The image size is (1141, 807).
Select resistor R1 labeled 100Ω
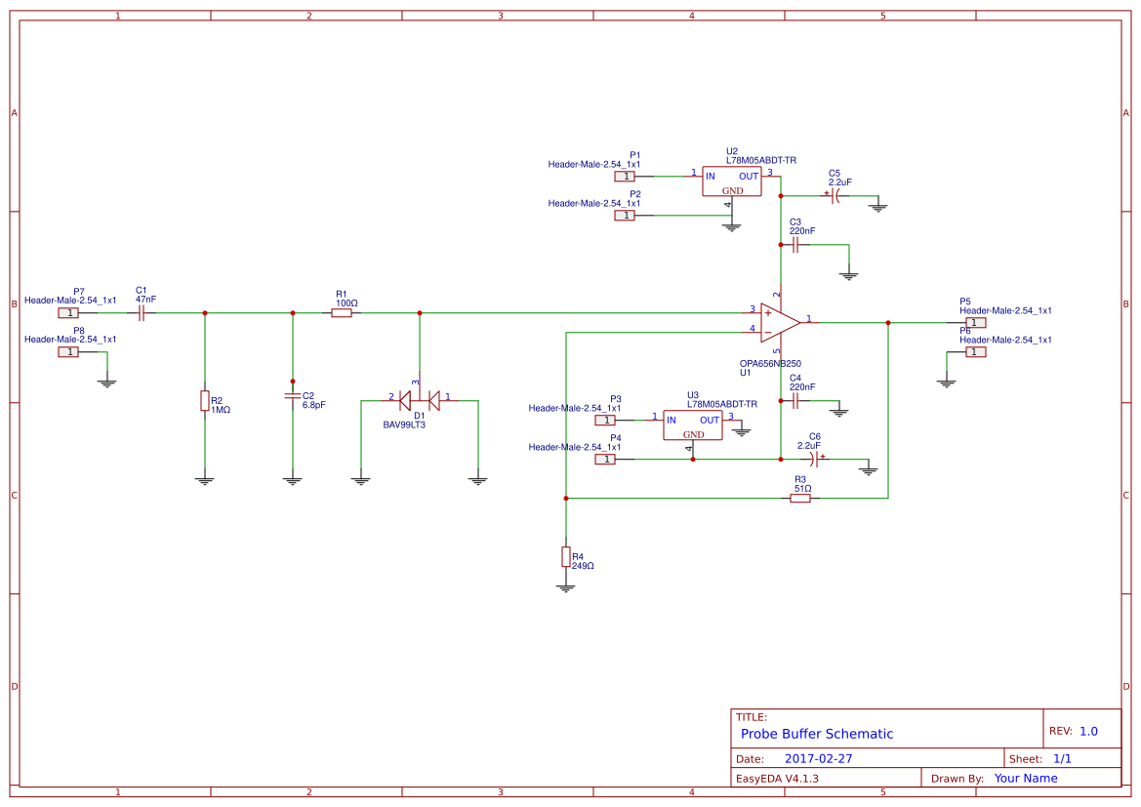[x=341, y=313]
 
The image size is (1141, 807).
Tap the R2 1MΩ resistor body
[x=204, y=400]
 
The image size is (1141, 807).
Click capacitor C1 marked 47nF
[x=142, y=313]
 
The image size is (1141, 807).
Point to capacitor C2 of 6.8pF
[x=292, y=396]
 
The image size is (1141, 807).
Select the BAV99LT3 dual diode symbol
[x=420, y=398]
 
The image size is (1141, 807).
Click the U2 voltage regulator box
[x=732, y=182]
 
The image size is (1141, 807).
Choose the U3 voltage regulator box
[x=693, y=424]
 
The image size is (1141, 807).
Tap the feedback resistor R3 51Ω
[x=800, y=498]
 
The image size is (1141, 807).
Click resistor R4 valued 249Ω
[x=565, y=556]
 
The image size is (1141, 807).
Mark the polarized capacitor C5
[x=835, y=195]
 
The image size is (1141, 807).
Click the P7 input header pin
[x=68, y=313]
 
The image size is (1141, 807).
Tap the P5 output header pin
[x=975, y=322]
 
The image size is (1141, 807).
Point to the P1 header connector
[x=625, y=177]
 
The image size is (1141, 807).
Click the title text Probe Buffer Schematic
[x=816, y=734]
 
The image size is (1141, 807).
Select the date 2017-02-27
[x=818, y=758]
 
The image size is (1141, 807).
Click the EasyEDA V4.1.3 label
[x=777, y=779]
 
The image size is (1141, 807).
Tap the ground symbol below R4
[x=565, y=587]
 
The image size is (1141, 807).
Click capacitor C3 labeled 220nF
[x=795, y=245]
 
